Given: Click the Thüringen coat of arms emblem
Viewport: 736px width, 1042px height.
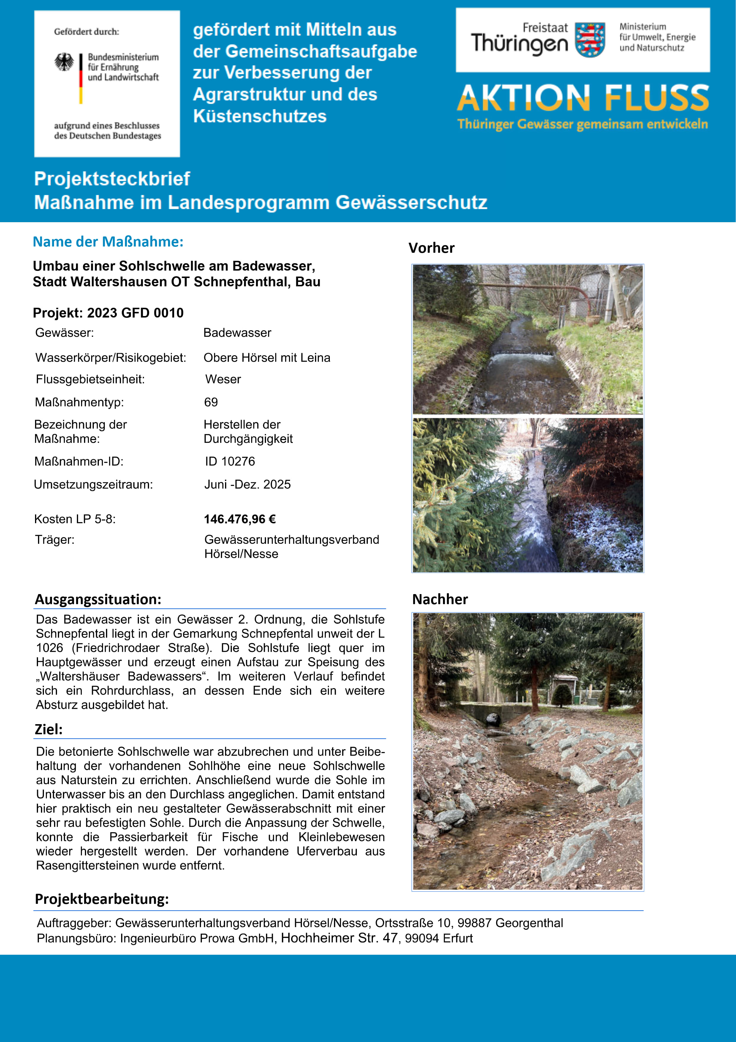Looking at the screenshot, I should (590, 40).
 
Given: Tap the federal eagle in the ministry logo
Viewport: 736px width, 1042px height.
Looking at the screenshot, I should (64, 62).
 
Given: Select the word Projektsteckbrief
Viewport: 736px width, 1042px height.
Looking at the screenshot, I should (112, 179).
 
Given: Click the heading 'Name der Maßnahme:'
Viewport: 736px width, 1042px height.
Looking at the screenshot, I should (108, 242).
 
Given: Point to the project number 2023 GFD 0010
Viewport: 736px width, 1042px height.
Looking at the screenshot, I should (135, 313).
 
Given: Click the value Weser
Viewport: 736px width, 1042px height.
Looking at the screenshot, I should (223, 379).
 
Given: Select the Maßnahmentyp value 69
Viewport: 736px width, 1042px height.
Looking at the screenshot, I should (211, 402).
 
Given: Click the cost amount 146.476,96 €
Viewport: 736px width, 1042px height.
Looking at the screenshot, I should (240, 519).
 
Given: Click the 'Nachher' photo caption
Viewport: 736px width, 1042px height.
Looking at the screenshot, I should (440, 599).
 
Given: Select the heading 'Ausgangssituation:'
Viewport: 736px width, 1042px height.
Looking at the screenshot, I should (98, 599).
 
